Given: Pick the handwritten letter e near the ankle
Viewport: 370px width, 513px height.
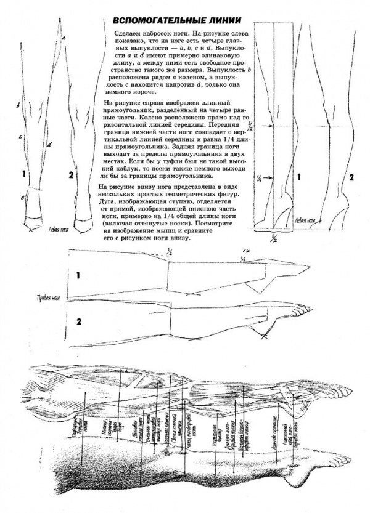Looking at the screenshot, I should click(x=23, y=197).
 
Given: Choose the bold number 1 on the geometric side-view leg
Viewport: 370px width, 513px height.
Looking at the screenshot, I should click(x=78, y=276).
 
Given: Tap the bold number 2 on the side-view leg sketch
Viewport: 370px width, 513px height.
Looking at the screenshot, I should click(x=78, y=321).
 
